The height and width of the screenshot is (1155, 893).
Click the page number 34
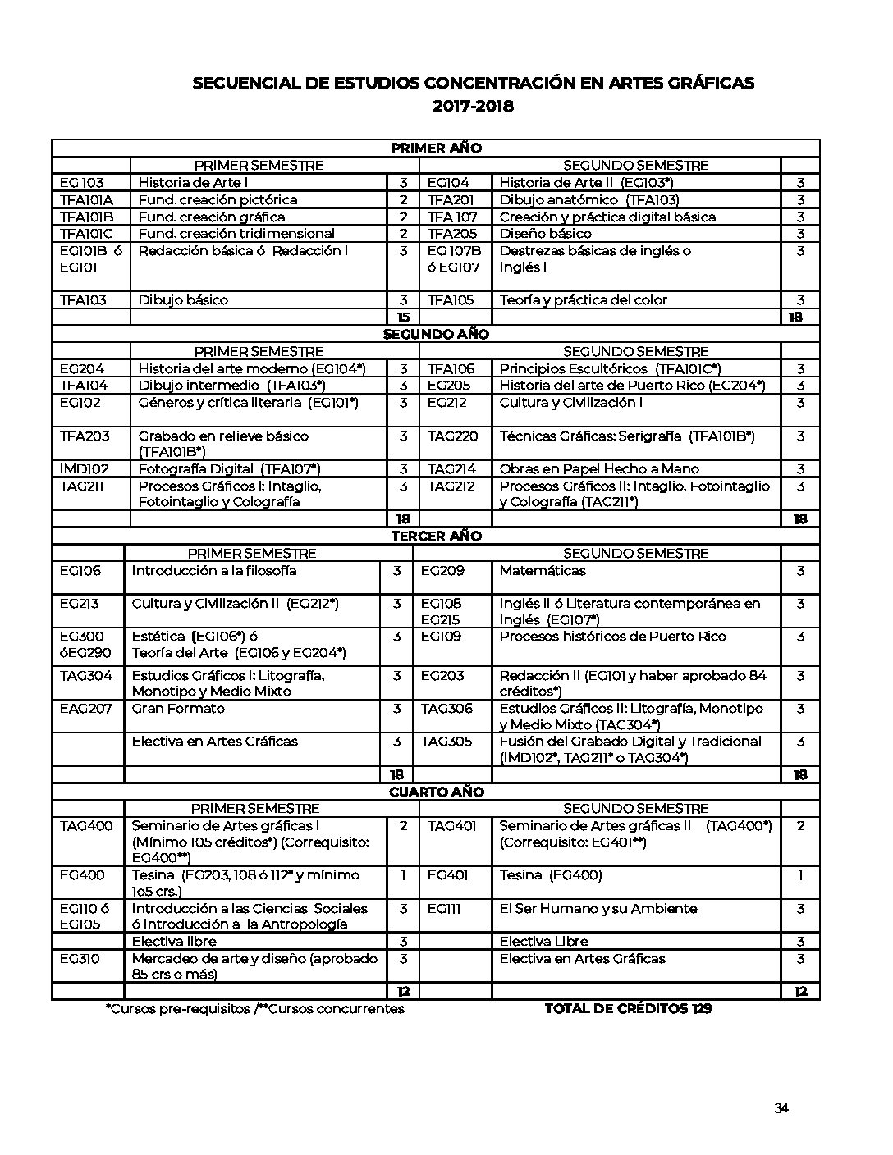point(781,1108)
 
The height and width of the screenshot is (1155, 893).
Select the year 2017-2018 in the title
point(473,106)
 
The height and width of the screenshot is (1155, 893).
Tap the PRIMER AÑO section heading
point(436,148)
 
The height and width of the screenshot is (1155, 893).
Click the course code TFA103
point(83,300)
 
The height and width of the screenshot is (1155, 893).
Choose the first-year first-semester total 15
point(403,317)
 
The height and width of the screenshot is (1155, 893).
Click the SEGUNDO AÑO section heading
point(436,335)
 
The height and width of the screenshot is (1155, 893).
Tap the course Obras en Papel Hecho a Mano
point(599,469)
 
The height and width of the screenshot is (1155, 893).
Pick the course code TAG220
point(452,436)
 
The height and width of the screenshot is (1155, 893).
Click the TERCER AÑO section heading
point(436,536)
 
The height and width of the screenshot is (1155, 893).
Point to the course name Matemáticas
point(543,571)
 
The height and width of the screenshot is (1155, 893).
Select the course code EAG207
point(85,709)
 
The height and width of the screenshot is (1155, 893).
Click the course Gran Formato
point(178,709)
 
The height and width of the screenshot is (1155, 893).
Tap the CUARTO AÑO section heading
point(436,792)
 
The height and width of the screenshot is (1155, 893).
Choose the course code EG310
point(80,959)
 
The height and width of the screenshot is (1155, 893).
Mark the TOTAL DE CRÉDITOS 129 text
point(628,1009)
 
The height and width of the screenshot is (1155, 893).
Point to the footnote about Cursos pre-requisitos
point(254,1009)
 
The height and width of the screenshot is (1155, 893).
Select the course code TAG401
point(451,826)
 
